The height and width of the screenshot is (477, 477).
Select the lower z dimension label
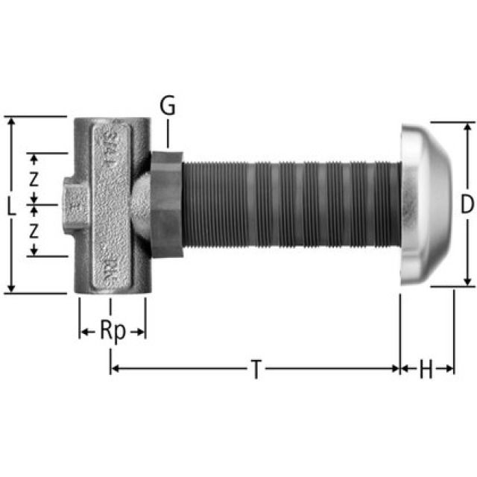(34, 231)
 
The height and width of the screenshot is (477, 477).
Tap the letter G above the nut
(168, 107)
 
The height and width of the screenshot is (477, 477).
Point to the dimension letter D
(467, 204)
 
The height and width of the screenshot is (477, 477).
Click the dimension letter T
(256, 369)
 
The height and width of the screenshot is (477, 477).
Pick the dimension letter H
(426, 369)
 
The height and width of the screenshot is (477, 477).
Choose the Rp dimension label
(113, 331)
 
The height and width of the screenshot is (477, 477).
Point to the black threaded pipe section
(291, 203)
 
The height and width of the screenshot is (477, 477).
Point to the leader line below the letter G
(168, 134)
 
